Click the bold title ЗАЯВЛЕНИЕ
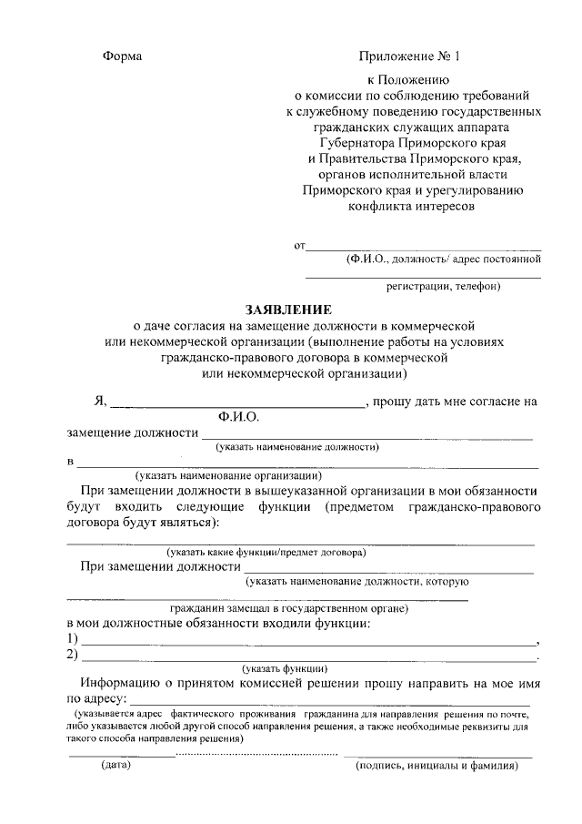(x=289, y=309)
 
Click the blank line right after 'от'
(x=423, y=248)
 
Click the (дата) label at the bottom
(x=115, y=767)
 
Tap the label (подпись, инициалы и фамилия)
(x=436, y=767)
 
